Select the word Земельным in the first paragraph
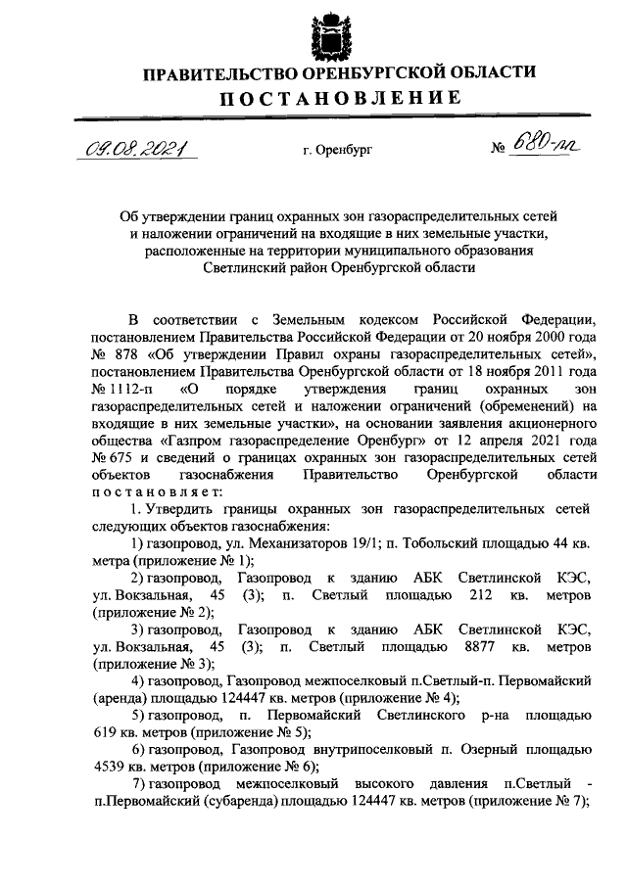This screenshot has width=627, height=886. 311,321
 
